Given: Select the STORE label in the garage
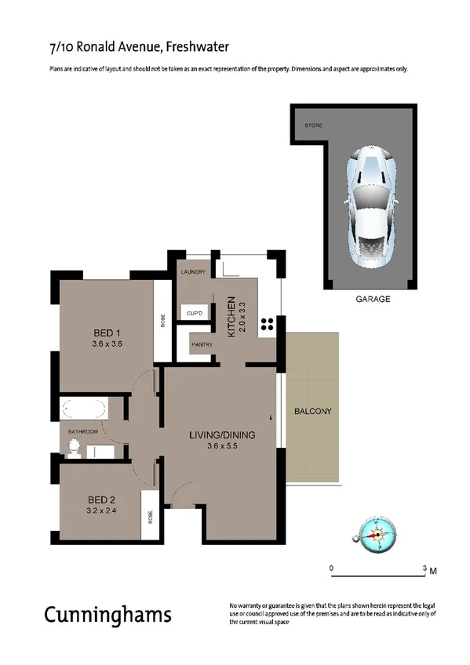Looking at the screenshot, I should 314,125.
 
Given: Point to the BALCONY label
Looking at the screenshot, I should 313,412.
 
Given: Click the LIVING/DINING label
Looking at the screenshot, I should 222,435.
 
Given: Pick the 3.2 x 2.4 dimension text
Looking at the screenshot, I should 102,511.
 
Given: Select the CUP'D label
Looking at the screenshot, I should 195,314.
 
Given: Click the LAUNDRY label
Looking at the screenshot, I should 192,272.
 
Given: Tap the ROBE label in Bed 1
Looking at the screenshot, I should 162,322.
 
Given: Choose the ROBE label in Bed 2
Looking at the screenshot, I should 150,518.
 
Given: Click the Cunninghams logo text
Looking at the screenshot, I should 107,614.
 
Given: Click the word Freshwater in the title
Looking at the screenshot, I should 197,48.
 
